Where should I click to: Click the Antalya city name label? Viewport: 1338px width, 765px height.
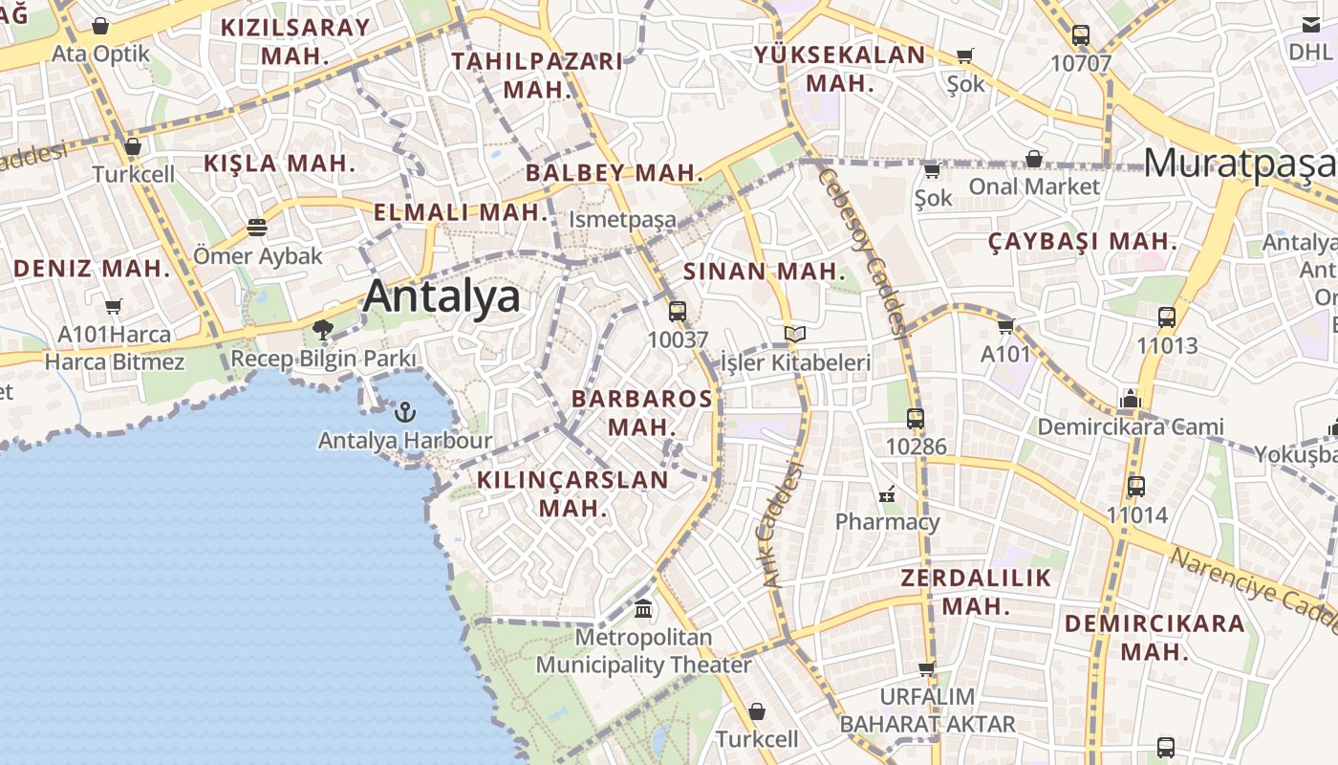point(442,295)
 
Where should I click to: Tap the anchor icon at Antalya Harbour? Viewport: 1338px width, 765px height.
point(406,413)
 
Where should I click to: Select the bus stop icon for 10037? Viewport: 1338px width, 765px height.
point(678,311)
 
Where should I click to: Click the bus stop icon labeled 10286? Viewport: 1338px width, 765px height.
point(916,418)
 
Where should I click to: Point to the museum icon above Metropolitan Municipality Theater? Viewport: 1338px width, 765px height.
point(643,608)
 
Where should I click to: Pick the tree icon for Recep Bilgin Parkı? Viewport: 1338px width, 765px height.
point(323,331)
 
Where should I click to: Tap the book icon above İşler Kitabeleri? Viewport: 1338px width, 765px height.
point(795,334)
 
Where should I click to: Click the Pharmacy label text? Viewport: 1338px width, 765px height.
point(887,521)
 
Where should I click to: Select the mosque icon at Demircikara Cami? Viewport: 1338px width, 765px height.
point(1130,399)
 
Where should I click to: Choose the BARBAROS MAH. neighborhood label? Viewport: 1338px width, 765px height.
point(641,412)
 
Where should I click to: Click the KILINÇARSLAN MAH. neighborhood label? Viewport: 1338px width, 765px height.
point(572,493)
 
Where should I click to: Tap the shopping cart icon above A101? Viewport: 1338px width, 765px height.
point(1005,327)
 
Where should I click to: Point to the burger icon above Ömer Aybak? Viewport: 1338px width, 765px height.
point(256,228)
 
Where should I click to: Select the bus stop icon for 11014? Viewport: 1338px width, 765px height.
point(1136,487)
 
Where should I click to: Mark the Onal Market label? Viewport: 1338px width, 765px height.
point(1035,186)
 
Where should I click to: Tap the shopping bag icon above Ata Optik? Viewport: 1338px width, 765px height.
point(100,26)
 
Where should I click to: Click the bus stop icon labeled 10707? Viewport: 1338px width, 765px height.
point(1081,35)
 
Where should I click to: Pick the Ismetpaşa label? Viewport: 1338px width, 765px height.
point(622,220)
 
